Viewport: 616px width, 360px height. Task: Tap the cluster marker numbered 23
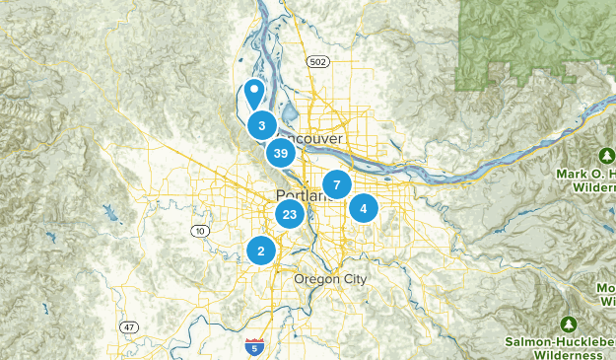(289, 214)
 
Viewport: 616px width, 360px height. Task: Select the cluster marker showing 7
(337, 184)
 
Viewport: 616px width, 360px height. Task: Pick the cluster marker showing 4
(364, 208)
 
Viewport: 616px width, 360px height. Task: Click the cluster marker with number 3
(261, 125)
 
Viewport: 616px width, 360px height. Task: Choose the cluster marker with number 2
(261, 252)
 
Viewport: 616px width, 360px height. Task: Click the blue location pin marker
(254, 94)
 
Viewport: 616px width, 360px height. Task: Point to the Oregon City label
(330, 280)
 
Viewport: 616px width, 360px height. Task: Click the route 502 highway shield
(317, 61)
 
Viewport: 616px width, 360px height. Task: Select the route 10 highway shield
(200, 231)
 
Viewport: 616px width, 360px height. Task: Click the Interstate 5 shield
(254, 346)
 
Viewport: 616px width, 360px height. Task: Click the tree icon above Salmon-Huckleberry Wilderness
(569, 324)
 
